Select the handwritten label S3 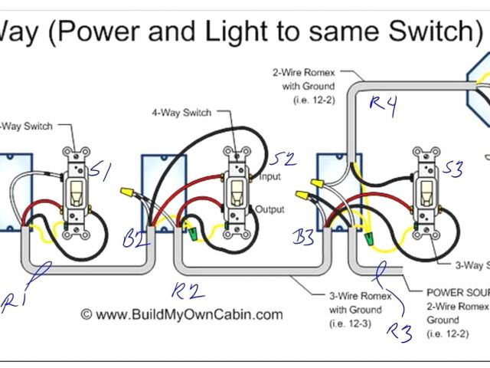pos(452,169)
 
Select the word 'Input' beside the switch pos(269,177)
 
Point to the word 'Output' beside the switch pos(270,209)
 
